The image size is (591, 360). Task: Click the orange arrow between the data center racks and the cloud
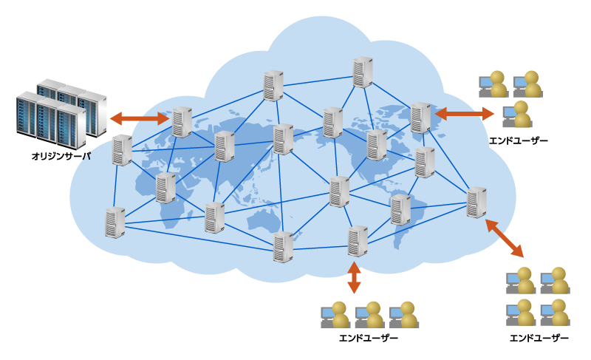(x=140, y=118)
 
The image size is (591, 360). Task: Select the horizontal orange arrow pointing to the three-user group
(x=465, y=114)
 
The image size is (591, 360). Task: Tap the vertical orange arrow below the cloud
(x=354, y=277)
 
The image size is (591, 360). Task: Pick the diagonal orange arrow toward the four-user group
(x=505, y=238)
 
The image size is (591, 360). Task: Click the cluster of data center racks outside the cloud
(x=62, y=114)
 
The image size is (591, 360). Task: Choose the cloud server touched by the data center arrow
(x=182, y=122)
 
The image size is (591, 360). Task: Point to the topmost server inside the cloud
(x=362, y=72)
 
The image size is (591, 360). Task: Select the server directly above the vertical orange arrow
(x=358, y=241)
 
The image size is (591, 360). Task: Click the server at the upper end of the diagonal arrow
(x=476, y=203)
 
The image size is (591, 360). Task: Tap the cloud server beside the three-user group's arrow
(x=420, y=118)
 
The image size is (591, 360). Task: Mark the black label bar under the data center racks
(x=61, y=156)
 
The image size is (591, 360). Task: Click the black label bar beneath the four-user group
(x=539, y=338)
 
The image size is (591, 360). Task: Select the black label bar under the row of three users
(x=368, y=338)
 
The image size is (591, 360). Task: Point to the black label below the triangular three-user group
(x=517, y=140)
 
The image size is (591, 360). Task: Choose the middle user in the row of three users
(x=369, y=315)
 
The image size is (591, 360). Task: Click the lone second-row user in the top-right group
(x=518, y=115)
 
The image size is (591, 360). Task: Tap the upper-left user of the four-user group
(x=521, y=281)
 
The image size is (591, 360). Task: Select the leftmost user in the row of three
(x=335, y=315)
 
